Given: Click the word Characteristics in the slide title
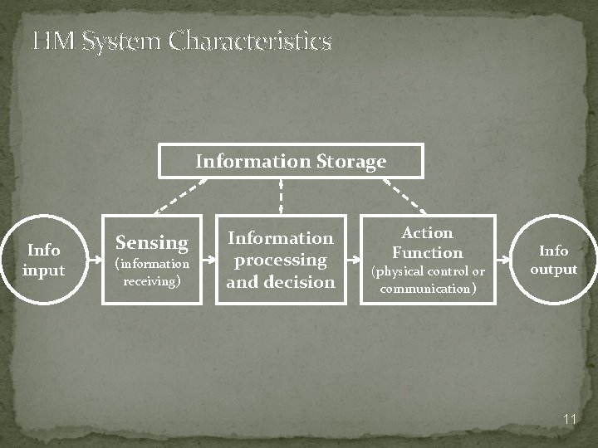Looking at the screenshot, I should (250, 41).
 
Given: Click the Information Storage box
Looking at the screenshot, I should (291, 161).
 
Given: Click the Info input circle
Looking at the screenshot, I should (44, 260).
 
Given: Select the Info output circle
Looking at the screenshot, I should (553, 260).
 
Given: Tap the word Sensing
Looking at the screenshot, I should (151, 242).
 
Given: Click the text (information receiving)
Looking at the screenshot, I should (151, 272).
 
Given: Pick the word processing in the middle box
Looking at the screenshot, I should (281, 260).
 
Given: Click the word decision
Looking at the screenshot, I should (302, 282).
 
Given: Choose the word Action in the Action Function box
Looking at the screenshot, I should (427, 233).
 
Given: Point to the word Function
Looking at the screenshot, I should (427, 252).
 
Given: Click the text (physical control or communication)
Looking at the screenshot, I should (427, 280).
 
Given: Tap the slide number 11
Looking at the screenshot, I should (569, 420).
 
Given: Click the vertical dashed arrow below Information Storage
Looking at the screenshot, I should (281, 197).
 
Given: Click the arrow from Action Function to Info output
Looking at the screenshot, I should (502, 259).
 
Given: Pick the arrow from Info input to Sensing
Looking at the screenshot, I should (95, 259).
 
